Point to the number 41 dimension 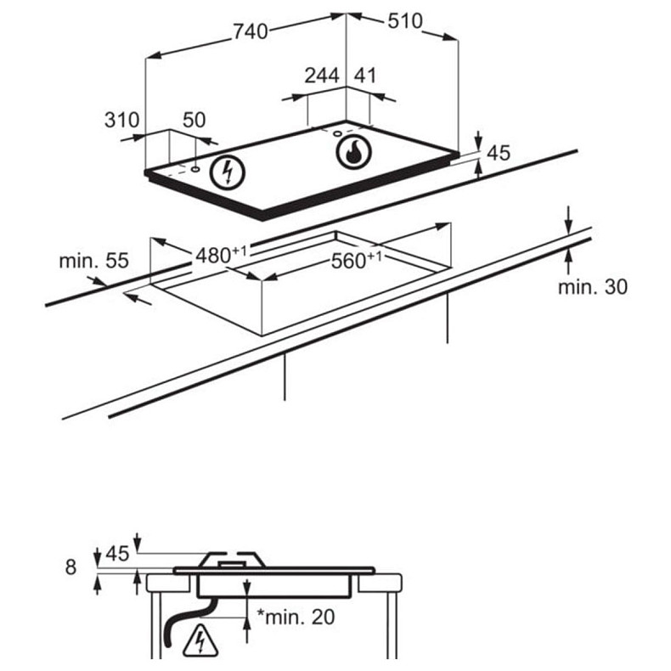pyautogui.click(x=364, y=75)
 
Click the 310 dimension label pyautogui.click(x=121, y=120)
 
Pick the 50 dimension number pyautogui.click(x=195, y=120)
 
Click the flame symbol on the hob pyautogui.click(x=352, y=153)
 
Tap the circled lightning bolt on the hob pyautogui.click(x=228, y=172)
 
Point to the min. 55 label pyautogui.click(x=93, y=261)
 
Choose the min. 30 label pyautogui.click(x=592, y=286)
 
